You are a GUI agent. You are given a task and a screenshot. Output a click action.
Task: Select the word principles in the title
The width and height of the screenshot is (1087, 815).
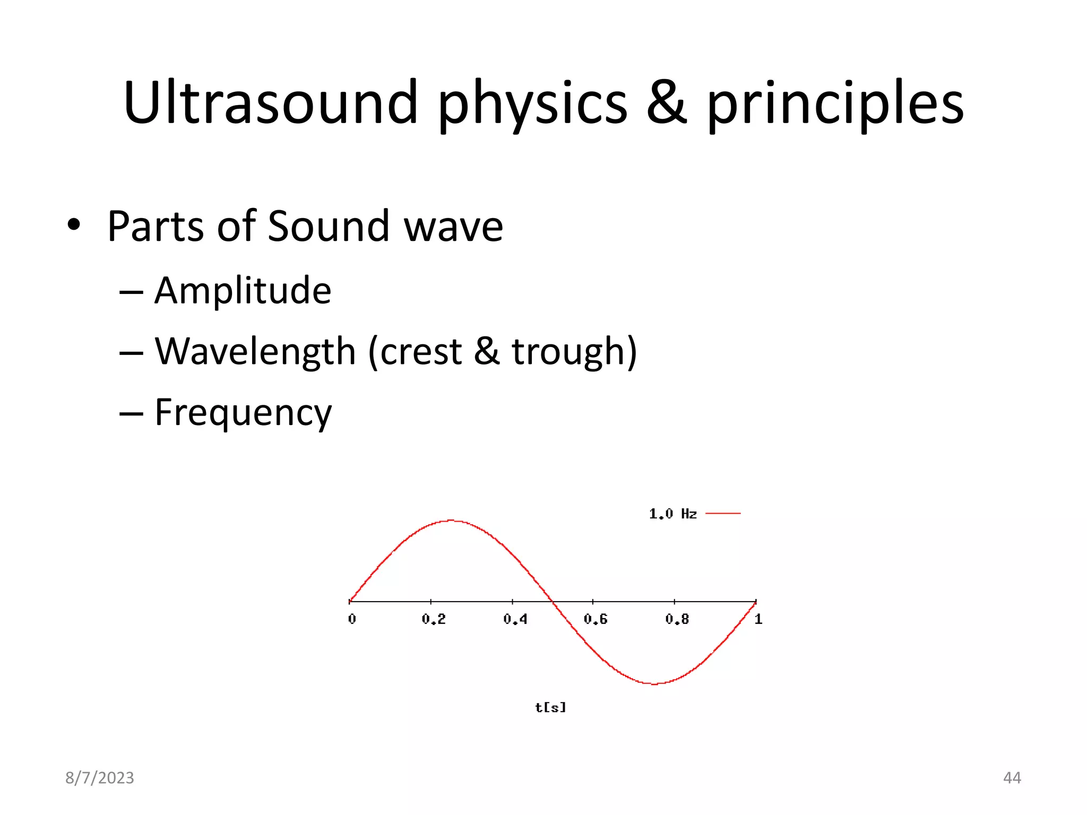tap(835, 103)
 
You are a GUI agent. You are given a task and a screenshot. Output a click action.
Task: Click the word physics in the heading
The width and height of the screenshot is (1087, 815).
tap(532, 103)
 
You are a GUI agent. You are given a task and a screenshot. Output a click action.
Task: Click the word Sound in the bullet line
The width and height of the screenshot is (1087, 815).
tap(328, 226)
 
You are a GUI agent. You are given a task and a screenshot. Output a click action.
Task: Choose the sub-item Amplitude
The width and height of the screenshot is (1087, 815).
tap(243, 291)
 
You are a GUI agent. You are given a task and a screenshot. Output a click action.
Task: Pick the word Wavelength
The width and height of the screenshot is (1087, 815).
tap(255, 351)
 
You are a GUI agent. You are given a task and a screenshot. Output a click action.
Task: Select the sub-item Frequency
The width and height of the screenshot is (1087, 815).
tap(243, 412)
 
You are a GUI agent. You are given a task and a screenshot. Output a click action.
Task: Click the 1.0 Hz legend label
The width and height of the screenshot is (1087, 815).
tap(672, 514)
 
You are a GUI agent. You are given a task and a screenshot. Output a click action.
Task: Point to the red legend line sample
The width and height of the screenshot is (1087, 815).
tap(723, 514)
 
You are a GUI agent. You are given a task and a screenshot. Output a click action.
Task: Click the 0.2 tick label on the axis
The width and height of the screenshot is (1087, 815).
tap(434, 619)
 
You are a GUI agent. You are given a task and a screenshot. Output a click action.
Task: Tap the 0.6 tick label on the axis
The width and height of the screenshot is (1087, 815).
tap(596, 619)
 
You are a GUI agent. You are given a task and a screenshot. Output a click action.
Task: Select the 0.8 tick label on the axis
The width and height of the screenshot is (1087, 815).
tap(677, 619)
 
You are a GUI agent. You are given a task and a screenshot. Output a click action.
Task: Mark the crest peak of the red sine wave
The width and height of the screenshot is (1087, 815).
tap(451, 521)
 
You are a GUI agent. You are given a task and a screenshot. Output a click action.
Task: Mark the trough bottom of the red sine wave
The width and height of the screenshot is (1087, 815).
tap(654, 684)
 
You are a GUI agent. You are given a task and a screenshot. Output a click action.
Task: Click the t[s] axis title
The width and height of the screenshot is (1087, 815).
tap(550, 707)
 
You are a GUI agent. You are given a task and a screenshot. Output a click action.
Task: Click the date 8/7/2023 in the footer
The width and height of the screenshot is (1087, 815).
tap(100, 778)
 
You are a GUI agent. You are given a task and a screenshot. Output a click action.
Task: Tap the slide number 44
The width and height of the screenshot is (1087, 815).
tap(1012, 778)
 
